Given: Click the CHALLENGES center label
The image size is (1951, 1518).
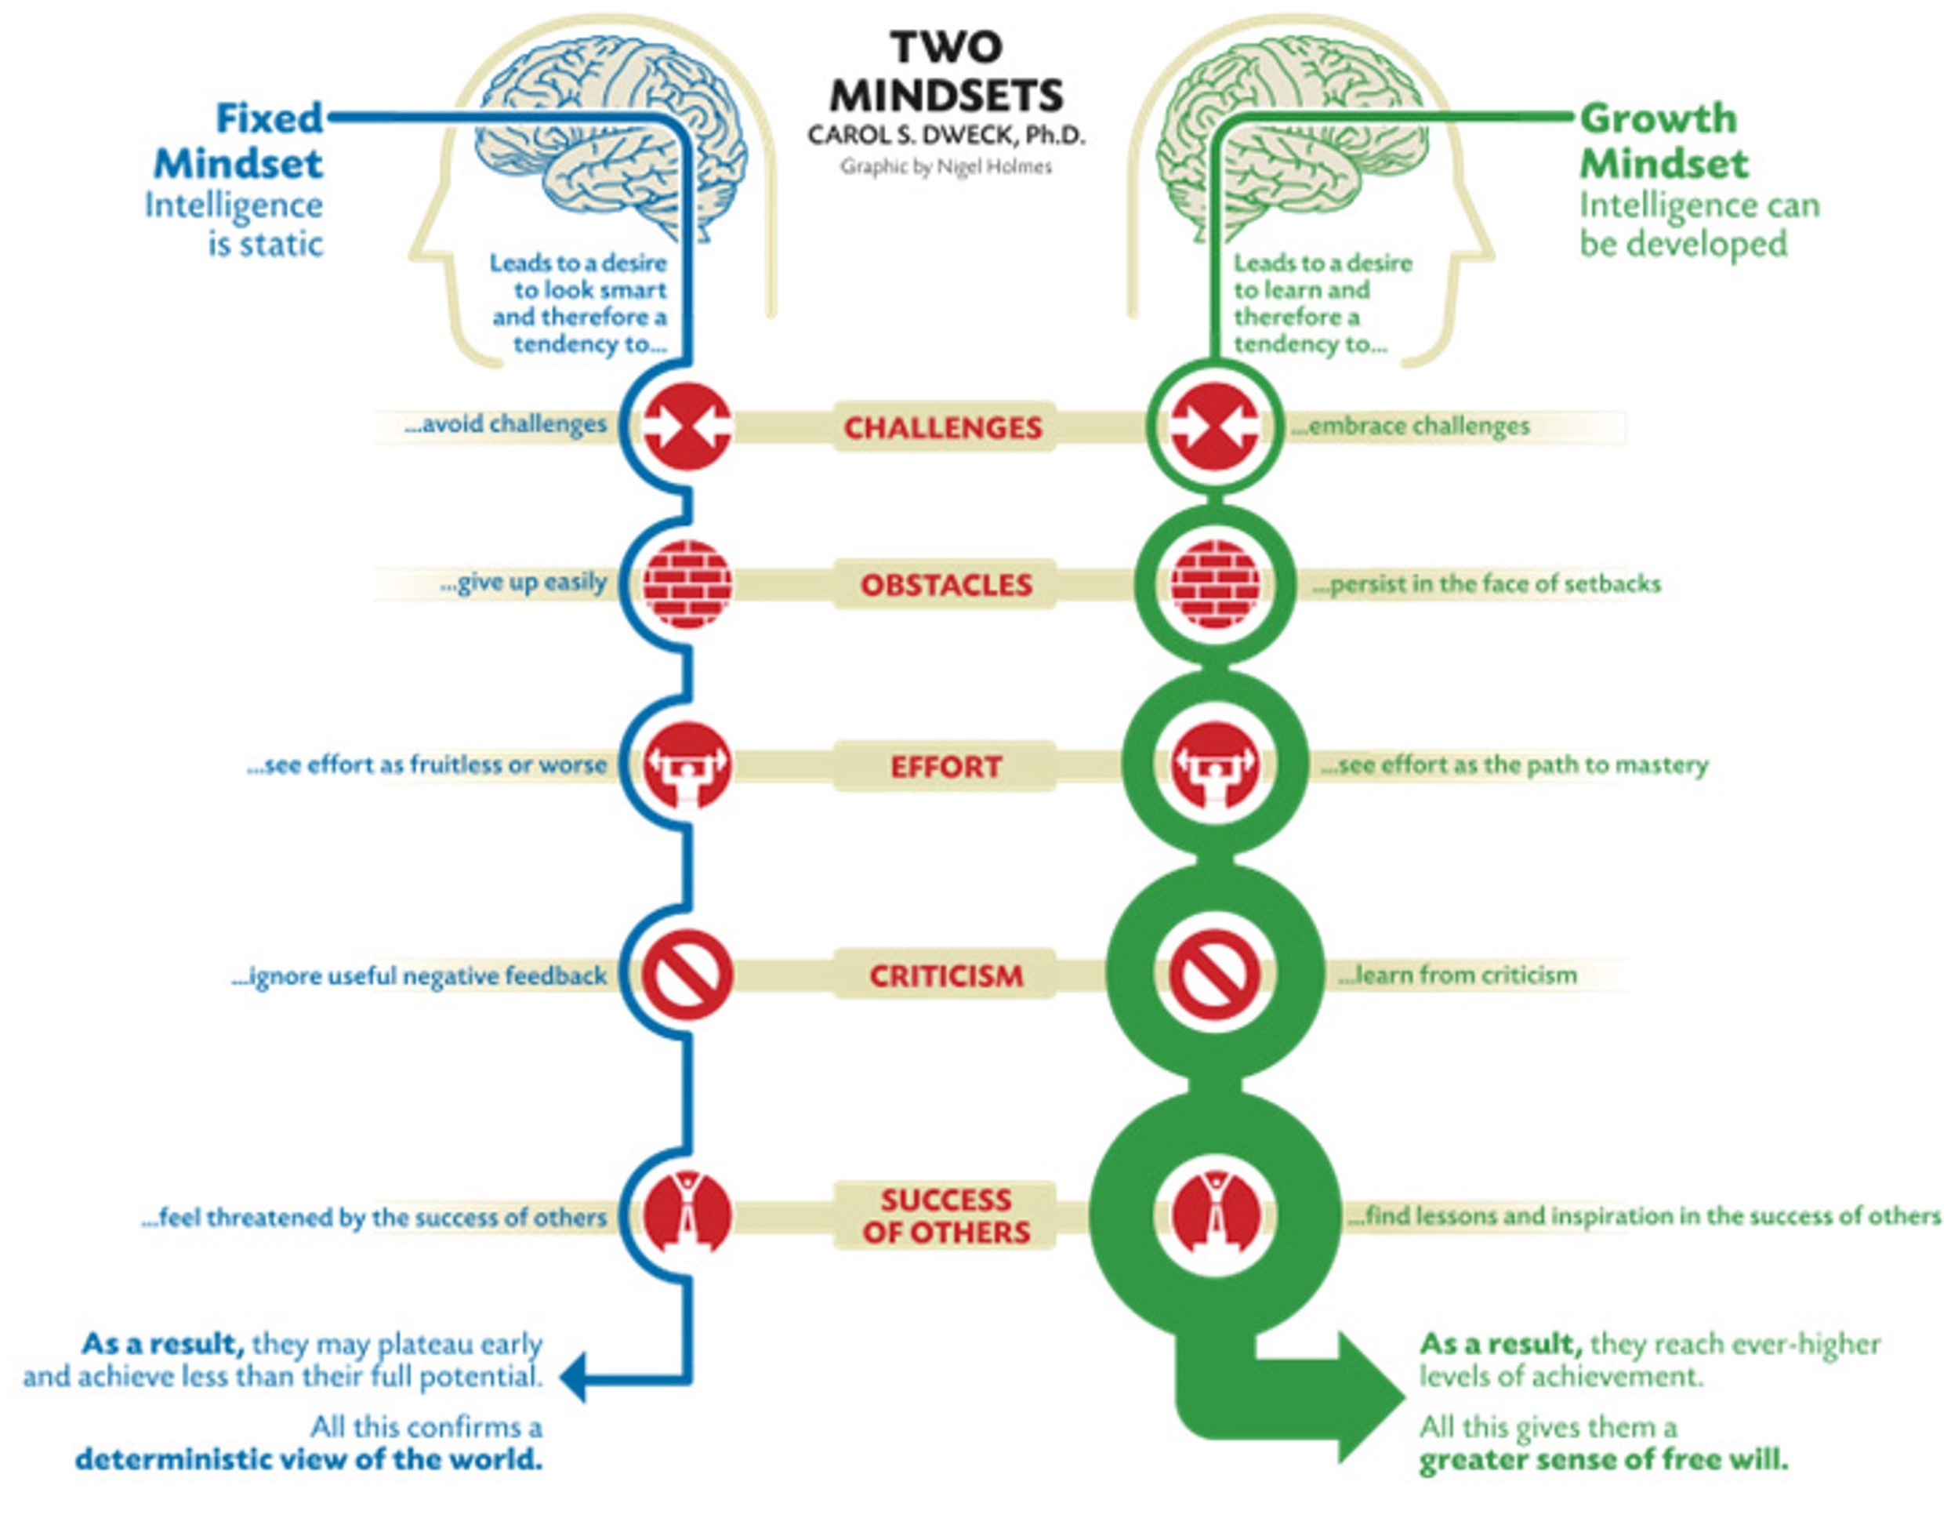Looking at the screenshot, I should (943, 428).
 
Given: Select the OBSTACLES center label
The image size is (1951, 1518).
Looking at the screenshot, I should (946, 585).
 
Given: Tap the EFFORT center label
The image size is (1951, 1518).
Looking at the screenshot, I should (946, 767).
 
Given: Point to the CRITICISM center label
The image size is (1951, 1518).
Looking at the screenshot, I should (946, 975).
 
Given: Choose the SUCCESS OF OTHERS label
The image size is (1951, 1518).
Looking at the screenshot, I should (946, 1216).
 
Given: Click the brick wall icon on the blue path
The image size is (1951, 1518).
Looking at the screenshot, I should (687, 585).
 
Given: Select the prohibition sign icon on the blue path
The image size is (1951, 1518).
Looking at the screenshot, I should (687, 975).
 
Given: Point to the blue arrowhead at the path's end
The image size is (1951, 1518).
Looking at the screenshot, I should (574, 1377).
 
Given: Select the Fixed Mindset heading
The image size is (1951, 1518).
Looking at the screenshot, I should (238, 141).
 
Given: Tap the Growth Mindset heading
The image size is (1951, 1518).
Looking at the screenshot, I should (1663, 141).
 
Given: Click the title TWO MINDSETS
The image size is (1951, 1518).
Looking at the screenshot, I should (946, 71).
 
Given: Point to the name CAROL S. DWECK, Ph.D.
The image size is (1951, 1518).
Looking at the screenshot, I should (946, 136).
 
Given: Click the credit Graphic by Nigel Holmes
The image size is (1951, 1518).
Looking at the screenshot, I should (946, 167).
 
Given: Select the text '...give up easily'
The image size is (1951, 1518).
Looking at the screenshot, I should (524, 583).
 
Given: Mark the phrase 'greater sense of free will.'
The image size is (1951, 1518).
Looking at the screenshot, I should (1604, 1462).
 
